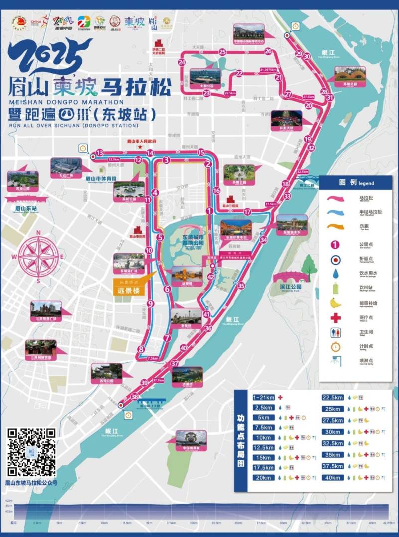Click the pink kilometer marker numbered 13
(x=100, y=153)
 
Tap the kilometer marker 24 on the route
(x=181, y=62)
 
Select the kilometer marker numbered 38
(x=134, y=397)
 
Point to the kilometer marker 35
(x=241, y=286)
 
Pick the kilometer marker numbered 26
(x=268, y=51)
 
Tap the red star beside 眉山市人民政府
(x=141, y=148)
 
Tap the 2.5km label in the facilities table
(x=263, y=407)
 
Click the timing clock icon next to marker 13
(x=83, y=148)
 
